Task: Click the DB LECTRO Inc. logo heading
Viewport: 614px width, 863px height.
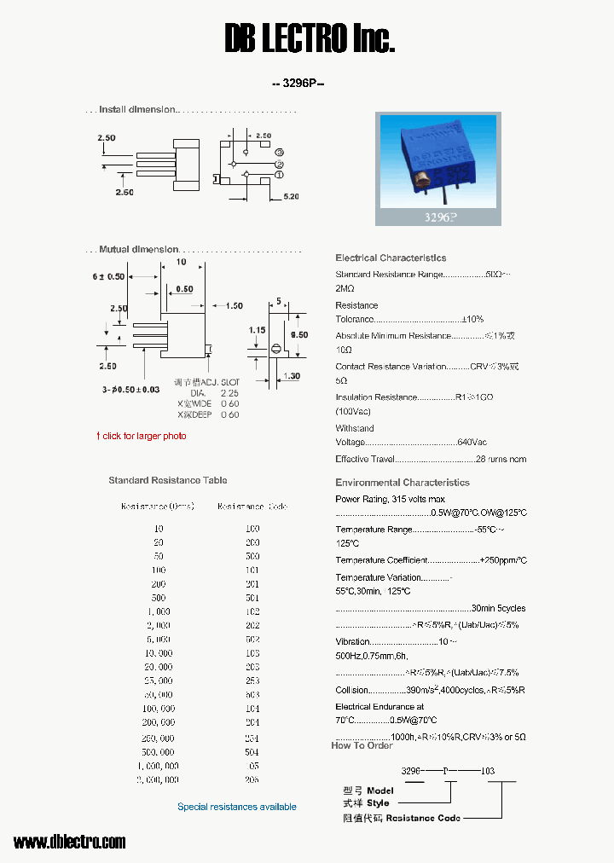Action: (x=310, y=38)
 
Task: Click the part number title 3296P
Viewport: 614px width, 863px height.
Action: (x=298, y=84)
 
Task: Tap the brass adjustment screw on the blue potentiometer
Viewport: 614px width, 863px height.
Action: (x=420, y=179)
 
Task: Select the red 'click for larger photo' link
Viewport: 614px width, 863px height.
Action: (x=141, y=436)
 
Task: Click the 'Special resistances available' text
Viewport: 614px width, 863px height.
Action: (x=237, y=807)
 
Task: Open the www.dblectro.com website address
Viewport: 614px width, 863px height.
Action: (x=70, y=842)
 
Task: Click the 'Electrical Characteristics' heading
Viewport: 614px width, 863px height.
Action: (x=391, y=258)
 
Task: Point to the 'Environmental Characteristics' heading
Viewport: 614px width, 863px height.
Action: (x=403, y=483)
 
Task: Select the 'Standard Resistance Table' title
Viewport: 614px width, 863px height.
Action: (x=168, y=480)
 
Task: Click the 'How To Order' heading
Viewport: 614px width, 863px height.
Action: (x=362, y=745)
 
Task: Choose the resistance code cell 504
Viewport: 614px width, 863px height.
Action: (x=252, y=752)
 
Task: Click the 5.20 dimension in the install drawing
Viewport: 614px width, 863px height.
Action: (x=290, y=197)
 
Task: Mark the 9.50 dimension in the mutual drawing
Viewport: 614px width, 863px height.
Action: (x=298, y=335)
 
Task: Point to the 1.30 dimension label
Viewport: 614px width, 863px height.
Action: (x=292, y=376)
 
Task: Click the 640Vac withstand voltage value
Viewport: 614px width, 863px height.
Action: (x=472, y=442)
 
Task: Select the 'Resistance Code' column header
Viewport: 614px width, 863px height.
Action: (x=252, y=506)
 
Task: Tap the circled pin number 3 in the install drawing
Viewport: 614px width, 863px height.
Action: (x=279, y=153)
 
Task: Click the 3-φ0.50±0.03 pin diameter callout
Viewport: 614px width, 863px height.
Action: (x=130, y=390)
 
